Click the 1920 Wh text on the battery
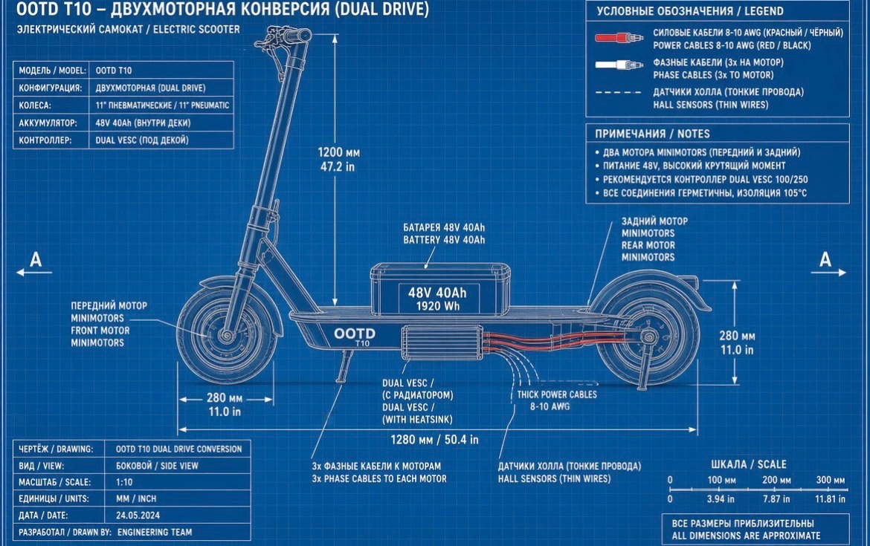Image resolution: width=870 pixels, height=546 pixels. [437, 306]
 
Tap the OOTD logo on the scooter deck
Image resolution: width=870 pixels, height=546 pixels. [354, 334]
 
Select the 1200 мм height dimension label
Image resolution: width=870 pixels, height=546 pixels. [338, 152]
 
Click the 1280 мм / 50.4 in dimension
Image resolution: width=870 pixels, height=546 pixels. [434, 440]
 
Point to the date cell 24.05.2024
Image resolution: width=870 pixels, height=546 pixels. [138, 515]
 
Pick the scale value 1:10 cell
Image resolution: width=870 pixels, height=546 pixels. [124, 481]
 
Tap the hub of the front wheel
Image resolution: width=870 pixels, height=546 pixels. [226, 335]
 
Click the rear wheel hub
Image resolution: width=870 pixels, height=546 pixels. [647, 336]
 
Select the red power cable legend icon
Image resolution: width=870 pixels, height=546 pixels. [619, 38]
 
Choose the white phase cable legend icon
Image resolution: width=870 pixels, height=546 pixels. [619, 65]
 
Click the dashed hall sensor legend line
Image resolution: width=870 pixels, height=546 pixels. [618, 92]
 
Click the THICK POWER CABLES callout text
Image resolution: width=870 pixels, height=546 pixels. [557, 394]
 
